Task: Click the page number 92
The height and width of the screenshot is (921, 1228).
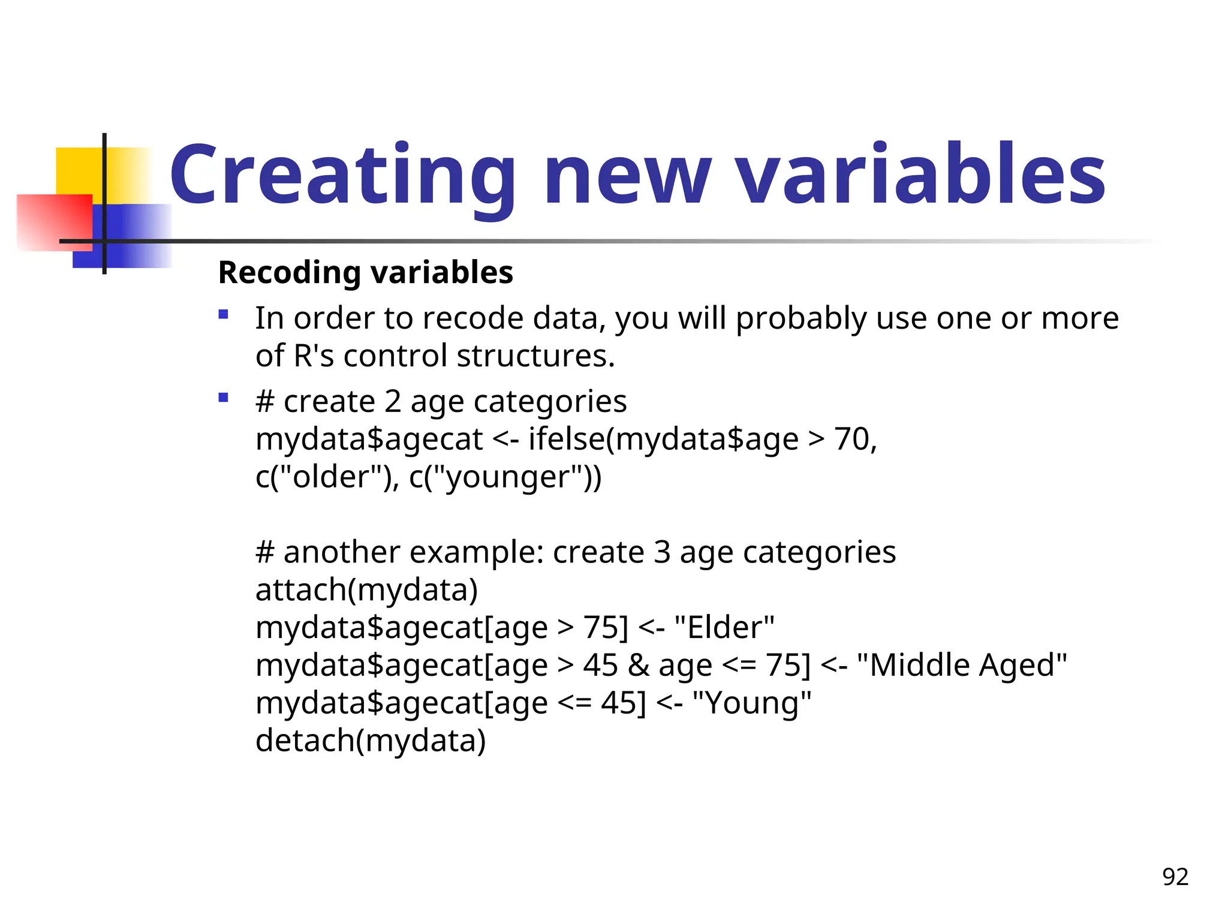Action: click(1175, 877)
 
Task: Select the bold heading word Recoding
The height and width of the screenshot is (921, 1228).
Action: click(291, 273)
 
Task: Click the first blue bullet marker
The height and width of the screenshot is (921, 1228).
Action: click(224, 314)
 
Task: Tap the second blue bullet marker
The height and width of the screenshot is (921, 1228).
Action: click(224, 397)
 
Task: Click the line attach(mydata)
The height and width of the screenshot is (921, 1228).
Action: click(366, 590)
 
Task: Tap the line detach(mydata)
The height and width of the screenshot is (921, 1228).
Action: click(370, 741)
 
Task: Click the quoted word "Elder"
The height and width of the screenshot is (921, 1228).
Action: click(724, 628)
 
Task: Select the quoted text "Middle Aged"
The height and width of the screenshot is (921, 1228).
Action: click(962, 666)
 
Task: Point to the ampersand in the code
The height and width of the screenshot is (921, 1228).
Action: click(639, 666)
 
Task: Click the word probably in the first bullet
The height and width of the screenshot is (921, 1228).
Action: click(800, 318)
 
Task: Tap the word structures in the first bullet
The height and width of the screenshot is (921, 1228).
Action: click(535, 356)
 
